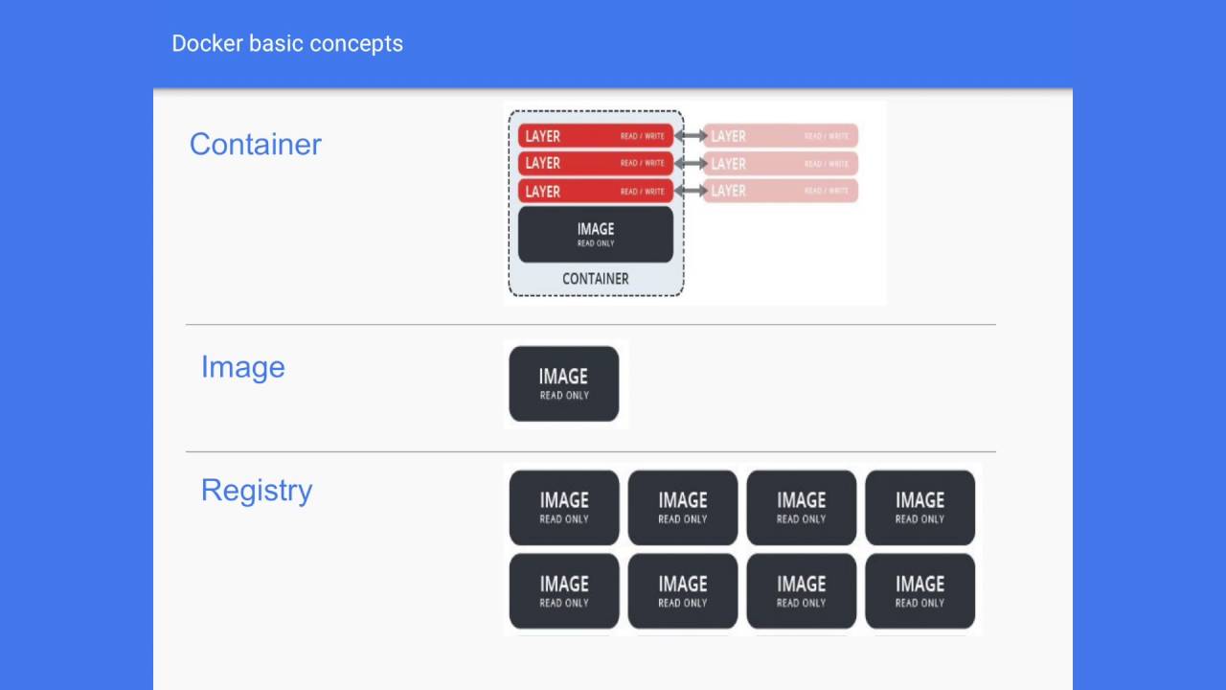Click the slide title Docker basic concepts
tap(287, 44)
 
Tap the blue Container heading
tap(255, 144)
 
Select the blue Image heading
tap(242, 367)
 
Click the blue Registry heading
tap(257, 490)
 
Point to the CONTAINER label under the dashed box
tap(595, 279)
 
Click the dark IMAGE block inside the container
tap(595, 234)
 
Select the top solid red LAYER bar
tap(595, 136)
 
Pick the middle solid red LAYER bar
tap(595, 163)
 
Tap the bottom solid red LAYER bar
tap(595, 191)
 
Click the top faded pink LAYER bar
tap(781, 136)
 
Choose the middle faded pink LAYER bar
tap(781, 163)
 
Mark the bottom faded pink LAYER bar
tap(781, 191)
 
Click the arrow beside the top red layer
tap(690, 136)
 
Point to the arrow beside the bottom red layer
tap(690, 191)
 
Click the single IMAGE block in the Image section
tap(563, 383)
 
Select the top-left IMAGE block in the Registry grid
tap(563, 507)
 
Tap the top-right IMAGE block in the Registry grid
tap(919, 507)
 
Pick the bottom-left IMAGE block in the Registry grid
tap(563, 590)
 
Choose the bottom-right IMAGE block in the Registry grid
tap(919, 590)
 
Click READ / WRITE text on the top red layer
tap(642, 136)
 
